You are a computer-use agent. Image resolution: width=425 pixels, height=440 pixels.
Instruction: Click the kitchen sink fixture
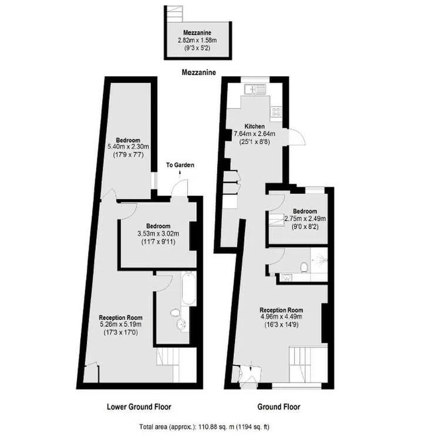pyautogui.click(x=255, y=90)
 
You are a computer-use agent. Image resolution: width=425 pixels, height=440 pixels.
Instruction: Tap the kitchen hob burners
pyautogui.click(x=276, y=111)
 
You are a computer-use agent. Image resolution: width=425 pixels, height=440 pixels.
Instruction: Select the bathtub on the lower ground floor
pyautogui.click(x=188, y=288)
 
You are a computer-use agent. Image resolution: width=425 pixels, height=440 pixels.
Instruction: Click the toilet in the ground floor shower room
pyautogui.click(x=303, y=266)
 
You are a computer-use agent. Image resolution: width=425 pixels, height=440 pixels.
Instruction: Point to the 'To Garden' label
pyautogui.click(x=180, y=165)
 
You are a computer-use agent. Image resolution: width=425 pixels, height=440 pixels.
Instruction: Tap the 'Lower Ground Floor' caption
pyautogui.click(x=139, y=407)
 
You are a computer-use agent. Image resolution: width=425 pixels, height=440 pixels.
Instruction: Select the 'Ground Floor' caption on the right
pyautogui.click(x=279, y=407)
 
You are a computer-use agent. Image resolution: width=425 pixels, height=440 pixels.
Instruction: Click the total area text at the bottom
pyautogui.click(x=204, y=427)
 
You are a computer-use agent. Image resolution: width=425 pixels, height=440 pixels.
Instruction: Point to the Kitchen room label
pyautogui.click(x=254, y=126)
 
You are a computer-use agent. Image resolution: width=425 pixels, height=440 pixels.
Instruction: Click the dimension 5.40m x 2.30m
pyautogui.click(x=129, y=147)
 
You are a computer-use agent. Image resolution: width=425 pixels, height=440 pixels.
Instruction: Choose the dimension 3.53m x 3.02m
pyautogui.click(x=158, y=233)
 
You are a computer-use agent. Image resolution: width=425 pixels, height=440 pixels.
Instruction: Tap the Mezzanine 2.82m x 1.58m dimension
pyautogui.click(x=197, y=40)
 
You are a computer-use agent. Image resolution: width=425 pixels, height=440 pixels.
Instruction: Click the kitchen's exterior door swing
pyautogui.click(x=296, y=137)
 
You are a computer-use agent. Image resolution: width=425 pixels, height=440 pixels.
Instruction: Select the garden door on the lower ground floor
pyautogui.click(x=180, y=187)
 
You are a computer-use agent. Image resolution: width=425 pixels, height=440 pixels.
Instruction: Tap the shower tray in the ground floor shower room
pyautogui.click(x=319, y=260)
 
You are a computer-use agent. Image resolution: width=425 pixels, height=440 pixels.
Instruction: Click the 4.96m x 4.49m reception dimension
pyautogui.click(x=281, y=317)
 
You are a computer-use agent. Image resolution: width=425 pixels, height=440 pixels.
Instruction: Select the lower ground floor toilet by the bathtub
pyautogui.click(x=174, y=312)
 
